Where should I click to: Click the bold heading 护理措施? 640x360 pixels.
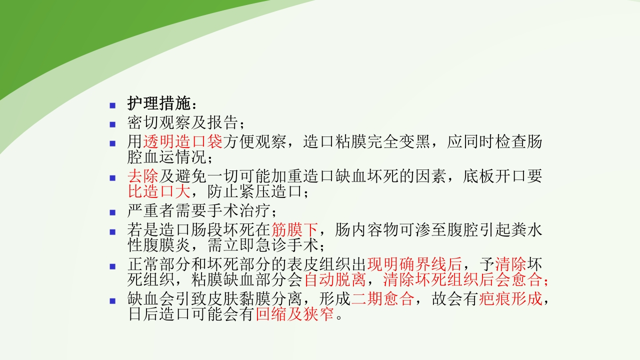click(158, 104)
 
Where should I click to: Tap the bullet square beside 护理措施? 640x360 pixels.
click(112, 105)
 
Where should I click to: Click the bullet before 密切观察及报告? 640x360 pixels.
click(112, 123)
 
